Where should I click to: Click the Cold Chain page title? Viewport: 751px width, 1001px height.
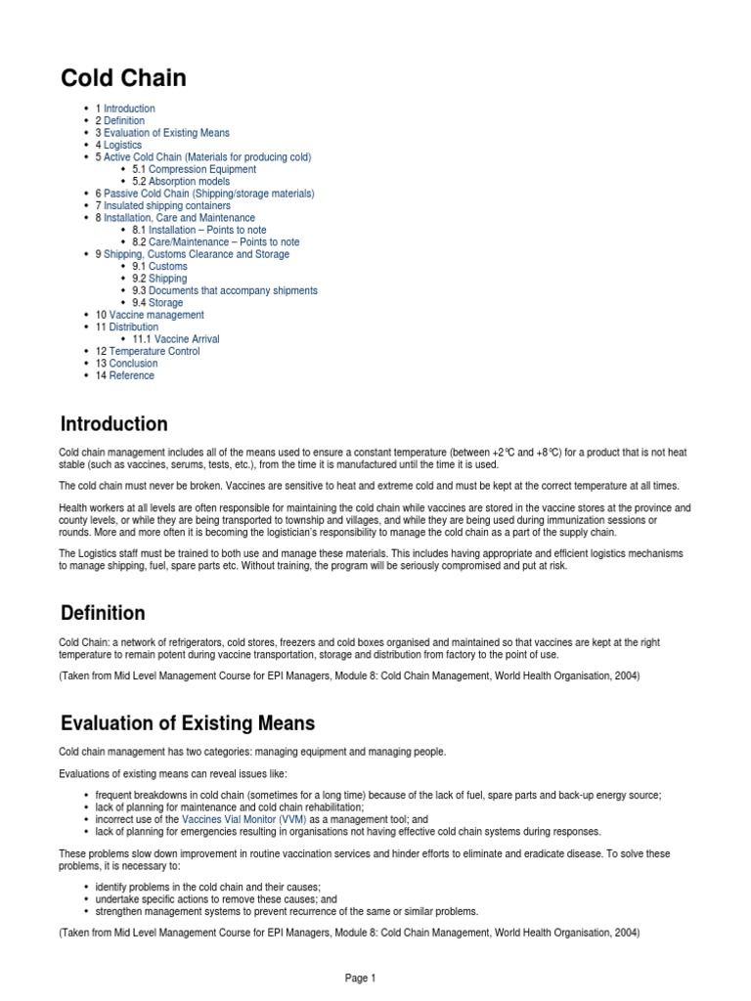coord(123,78)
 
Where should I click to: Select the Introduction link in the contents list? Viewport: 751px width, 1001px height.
coord(129,109)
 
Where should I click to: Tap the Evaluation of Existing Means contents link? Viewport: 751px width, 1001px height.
coord(167,133)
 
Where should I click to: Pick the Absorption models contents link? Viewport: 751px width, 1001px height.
coord(190,182)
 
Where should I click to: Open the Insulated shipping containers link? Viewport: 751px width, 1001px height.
coord(167,206)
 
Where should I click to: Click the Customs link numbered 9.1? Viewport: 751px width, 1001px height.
coord(168,266)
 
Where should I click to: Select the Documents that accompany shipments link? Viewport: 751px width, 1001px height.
coord(233,290)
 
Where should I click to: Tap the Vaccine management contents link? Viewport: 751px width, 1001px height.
coord(156,315)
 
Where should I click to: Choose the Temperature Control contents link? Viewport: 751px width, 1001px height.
coord(155,351)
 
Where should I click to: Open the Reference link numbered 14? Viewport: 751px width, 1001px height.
coord(131,375)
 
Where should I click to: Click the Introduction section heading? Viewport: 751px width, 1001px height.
coord(113,424)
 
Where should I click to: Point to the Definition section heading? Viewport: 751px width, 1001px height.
coord(103,613)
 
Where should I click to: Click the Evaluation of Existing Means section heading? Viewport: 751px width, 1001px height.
coord(188,724)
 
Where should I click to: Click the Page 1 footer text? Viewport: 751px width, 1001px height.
coord(359,978)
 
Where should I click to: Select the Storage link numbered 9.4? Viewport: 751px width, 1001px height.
coord(165,303)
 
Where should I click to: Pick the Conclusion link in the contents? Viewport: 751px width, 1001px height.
coord(133,364)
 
